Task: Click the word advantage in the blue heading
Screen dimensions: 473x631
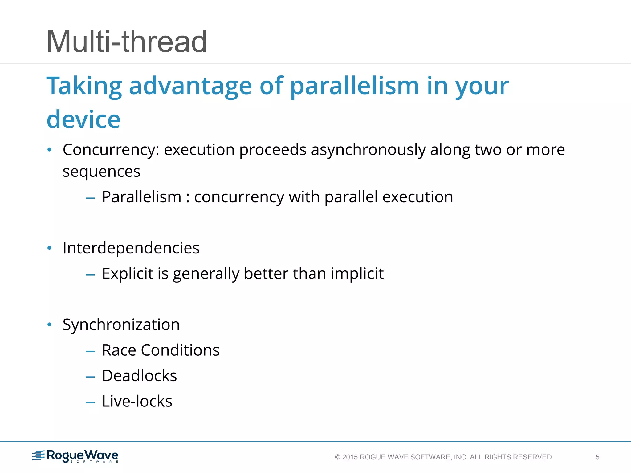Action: click(x=190, y=86)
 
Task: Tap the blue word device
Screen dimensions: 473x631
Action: click(x=83, y=119)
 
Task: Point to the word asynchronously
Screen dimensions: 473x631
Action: click(x=368, y=150)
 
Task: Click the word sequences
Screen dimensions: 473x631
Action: click(x=101, y=172)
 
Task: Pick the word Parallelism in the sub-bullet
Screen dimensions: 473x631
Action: click(x=141, y=197)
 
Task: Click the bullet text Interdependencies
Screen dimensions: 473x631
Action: click(x=131, y=248)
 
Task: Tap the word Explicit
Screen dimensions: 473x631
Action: click(x=127, y=273)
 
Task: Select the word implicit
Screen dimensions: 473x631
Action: click(x=357, y=273)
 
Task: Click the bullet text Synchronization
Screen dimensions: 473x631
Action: click(x=121, y=325)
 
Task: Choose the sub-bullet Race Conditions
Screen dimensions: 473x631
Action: click(x=161, y=350)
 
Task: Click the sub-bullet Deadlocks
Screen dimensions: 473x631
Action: click(x=139, y=376)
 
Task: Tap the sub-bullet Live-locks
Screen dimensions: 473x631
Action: click(x=137, y=401)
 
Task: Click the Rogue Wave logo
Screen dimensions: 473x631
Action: click(x=75, y=456)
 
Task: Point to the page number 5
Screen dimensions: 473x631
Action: click(x=597, y=457)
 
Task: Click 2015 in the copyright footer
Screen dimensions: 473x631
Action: click(x=350, y=457)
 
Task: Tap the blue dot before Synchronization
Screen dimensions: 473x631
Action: click(x=49, y=325)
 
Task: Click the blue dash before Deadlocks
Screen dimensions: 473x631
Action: click(x=90, y=377)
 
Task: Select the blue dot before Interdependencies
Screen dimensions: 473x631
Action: click(x=49, y=248)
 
